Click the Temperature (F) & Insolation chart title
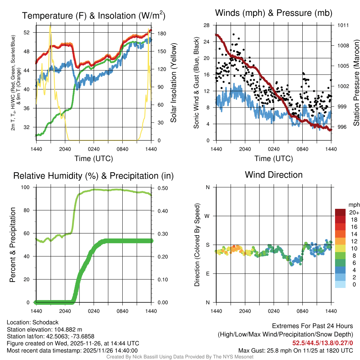point(94,16)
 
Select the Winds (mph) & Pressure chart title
point(274,13)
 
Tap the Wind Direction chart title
point(274,175)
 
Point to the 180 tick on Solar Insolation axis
point(158,34)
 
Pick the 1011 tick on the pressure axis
point(343,25)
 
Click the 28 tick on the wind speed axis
point(207,25)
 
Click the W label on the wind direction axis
point(207,216)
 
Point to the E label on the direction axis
point(208,274)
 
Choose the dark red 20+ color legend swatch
point(340,212)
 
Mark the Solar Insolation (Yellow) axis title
point(173,83)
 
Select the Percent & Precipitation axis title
point(13,245)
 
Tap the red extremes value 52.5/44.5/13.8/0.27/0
point(322,343)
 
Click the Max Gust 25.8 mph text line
point(295,350)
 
